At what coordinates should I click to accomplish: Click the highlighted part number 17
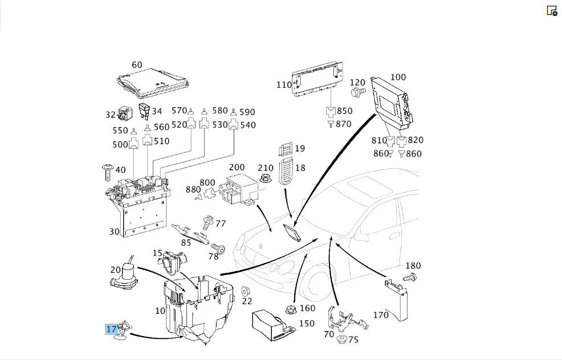(x=112, y=329)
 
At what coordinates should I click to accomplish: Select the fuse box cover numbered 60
(x=153, y=83)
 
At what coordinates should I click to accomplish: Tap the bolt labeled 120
(x=358, y=92)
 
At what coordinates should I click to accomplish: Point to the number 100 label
(x=398, y=77)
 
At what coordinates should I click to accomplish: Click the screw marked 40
(x=108, y=172)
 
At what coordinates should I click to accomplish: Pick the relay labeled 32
(x=125, y=113)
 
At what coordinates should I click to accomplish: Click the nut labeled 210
(x=265, y=178)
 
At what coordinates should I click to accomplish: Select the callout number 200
(x=237, y=167)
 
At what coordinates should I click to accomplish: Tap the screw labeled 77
(x=207, y=223)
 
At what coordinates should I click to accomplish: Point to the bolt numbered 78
(x=218, y=248)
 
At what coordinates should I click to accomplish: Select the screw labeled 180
(x=410, y=277)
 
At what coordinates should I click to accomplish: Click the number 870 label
(x=343, y=124)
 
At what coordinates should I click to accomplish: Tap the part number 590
(x=247, y=112)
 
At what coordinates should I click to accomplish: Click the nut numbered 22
(x=246, y=292)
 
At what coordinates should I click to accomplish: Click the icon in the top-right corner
(x=552, y=11)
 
